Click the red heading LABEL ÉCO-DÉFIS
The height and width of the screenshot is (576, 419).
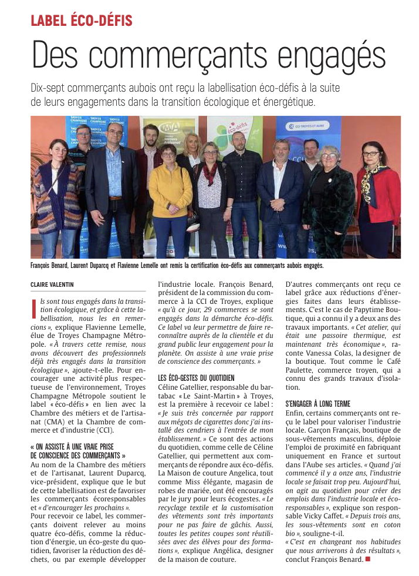[81, 22]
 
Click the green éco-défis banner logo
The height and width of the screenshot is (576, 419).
[236, 127]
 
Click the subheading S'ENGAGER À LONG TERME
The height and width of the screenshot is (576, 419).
[317, 404]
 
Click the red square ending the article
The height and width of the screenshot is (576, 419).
[368, 559]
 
